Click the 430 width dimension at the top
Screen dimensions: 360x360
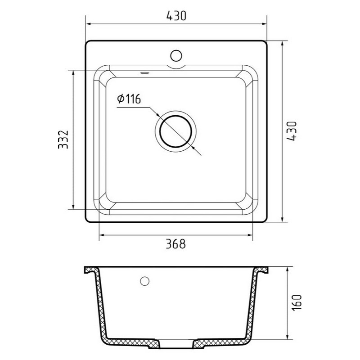[x=176, y=16]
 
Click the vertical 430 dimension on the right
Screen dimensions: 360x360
[x=292, y=131]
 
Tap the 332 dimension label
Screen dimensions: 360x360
[x=63, y=139]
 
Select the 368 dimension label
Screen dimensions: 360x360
[x=175, y=244]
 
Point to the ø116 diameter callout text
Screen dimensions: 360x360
[x=129, y=99]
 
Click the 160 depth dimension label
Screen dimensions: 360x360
[x=297, y=302]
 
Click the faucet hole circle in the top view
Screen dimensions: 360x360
[x=176, y=56]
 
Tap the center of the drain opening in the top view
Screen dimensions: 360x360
[x=175, y=131]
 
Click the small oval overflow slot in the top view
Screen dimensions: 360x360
[x=144, y=73]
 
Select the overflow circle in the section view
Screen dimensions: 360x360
[x=144, y=281]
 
